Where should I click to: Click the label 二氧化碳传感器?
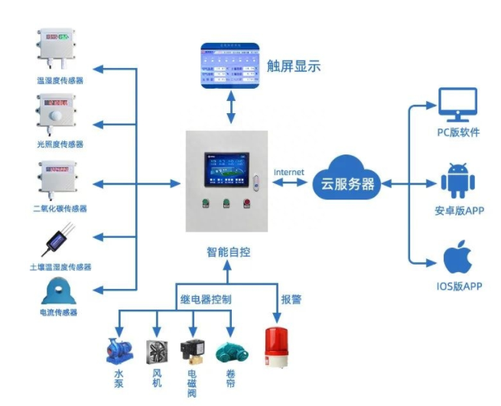60,208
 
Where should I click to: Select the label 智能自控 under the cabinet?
228,251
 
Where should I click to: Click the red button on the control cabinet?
246,204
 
